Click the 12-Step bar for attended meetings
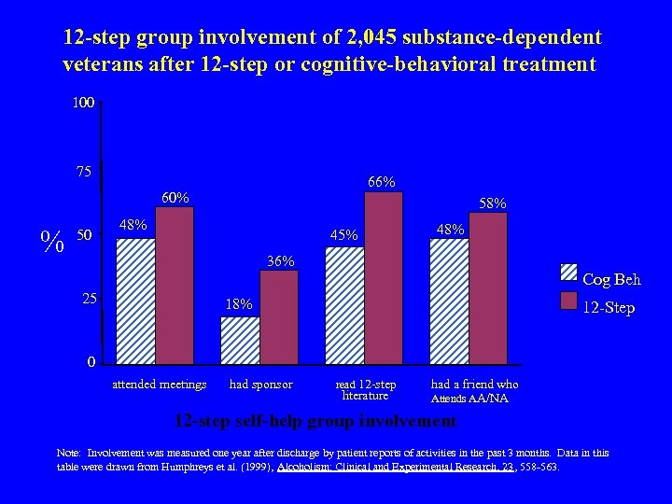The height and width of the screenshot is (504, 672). (175, 285)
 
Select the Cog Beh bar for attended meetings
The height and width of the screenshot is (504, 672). (135, 301)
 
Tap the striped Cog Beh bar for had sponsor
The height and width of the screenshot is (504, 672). (240, 340)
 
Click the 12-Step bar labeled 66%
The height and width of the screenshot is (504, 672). (383, 277)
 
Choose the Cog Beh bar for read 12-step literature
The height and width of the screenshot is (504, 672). (344, 304)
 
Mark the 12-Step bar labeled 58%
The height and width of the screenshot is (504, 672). (488, 287)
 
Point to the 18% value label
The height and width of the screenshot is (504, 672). (240, 305)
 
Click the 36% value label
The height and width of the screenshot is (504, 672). (279, 260)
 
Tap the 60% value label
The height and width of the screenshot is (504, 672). (175, 197)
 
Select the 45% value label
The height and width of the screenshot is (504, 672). (343, 235)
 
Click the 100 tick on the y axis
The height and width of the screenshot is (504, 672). (82, 103)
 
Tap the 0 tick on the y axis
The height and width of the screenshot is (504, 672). (91, 362)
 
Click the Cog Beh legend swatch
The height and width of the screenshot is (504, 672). (568, 273)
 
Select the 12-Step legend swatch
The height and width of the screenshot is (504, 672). (568, 300)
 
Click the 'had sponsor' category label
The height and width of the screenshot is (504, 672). (260, 384)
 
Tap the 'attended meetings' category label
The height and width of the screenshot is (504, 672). (159, 384)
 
